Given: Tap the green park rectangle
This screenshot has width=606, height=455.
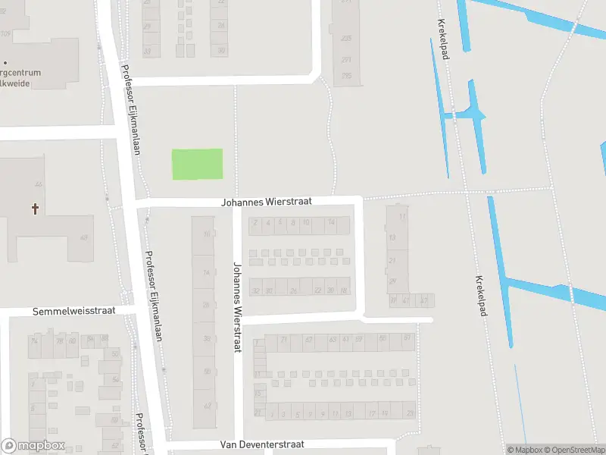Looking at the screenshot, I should (197, 164).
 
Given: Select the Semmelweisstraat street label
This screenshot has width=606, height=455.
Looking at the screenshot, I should (73, 312).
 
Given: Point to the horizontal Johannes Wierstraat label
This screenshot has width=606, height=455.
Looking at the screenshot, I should (267, 202).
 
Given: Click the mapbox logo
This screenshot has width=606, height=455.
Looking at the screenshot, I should (33, 446).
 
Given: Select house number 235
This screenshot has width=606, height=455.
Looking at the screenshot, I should (346, 37).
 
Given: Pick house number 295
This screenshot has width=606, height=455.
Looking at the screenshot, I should (346, 75).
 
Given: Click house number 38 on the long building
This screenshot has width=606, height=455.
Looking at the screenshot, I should (207, 338).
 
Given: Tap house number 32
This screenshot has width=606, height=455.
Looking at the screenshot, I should (256, 290).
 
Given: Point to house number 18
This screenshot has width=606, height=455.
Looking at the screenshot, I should (344, 290).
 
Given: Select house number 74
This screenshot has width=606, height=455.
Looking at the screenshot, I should (33, 341).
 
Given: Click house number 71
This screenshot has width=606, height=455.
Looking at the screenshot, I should (284, 339).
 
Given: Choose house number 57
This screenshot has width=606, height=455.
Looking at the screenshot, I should (407, 337).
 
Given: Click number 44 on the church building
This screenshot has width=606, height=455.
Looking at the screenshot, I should (37, 184).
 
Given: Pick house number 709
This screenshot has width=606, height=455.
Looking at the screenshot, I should (6, 34).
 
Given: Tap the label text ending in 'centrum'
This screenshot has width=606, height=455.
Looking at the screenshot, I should (23, 73).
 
